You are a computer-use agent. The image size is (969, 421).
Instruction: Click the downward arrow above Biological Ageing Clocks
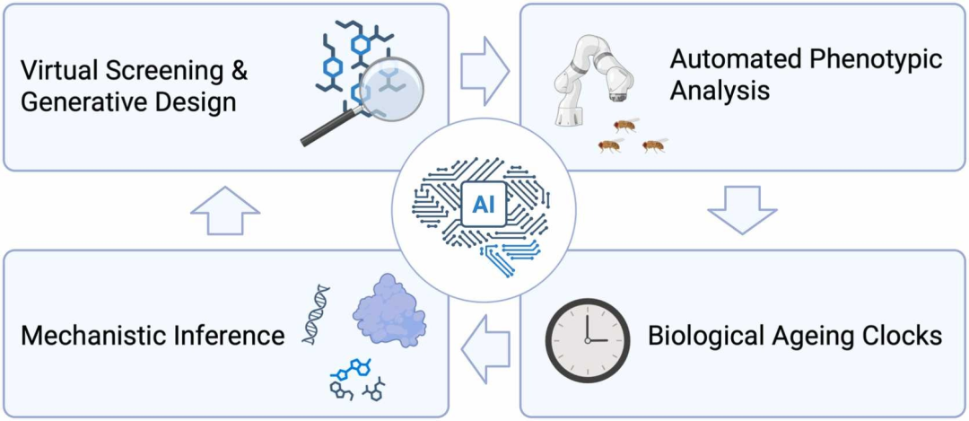pyautogui.click(x=741, y=209)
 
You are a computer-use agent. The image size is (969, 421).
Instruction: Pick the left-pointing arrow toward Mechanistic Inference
pyautogui.click(x=484, y=338)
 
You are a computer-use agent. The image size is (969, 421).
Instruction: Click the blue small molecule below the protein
pyautogui.click(x=351, y=368)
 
